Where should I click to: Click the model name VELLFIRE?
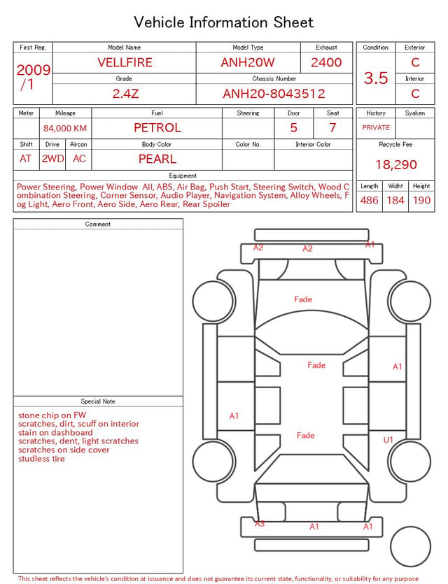pyautogui.click(x=125, y=62)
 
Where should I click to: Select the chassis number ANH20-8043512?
pyautogui.click(x=274, y=94)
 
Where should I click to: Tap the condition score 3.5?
pyautogui.click(x=376, y=78)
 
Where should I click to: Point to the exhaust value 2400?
pyautogui.click(x=326, y=62)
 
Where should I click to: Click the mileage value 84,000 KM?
pyautogui.click(x=65, y=129)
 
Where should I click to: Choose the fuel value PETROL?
pyautogui.click(x=157, y=128)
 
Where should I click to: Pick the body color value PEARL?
pyautogui.click(x=157, y=159)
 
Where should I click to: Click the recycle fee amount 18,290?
pyautogui.click(x=395, y=164)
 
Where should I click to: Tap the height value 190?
pyautogui.click(x=421, y=200)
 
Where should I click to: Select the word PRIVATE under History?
pyautogui.click(x=376, y=127)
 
